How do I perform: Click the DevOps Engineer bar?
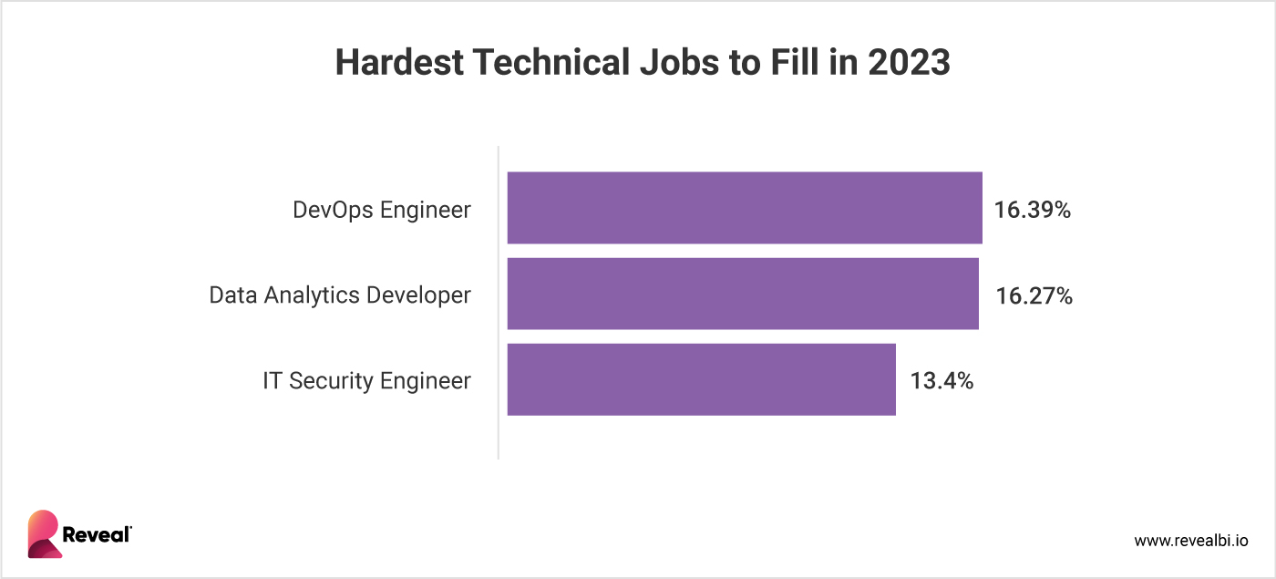point(744,208)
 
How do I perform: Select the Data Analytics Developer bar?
point(742,294)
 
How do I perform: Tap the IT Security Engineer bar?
point(701,379)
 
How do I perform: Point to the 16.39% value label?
point(1033,211)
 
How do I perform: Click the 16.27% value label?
point(1034,296)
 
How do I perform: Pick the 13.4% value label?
point(942,381)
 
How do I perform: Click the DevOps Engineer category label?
point(382,211)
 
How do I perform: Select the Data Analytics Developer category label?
point(340,295)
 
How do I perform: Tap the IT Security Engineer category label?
point(366,381)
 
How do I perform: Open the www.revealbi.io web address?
point(1190,541)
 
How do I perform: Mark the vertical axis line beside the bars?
point(499,301)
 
